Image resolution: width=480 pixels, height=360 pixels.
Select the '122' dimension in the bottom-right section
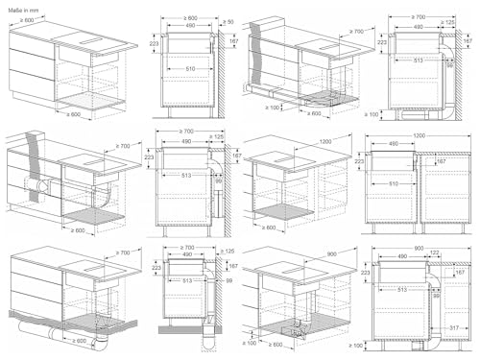tap(434, 252)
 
